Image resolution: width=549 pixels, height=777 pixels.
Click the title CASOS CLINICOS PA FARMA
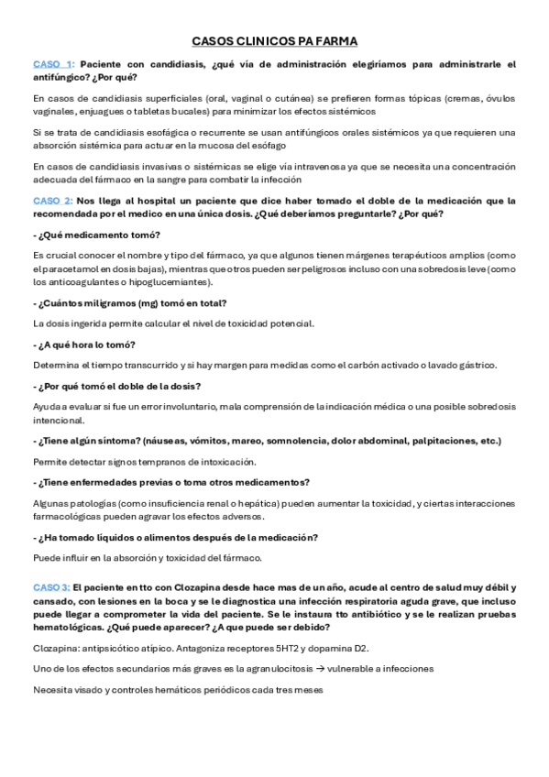pos(274,41)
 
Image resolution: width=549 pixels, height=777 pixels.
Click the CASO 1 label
pos(52,64)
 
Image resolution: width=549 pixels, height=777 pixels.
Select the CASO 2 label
pos(52,200)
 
